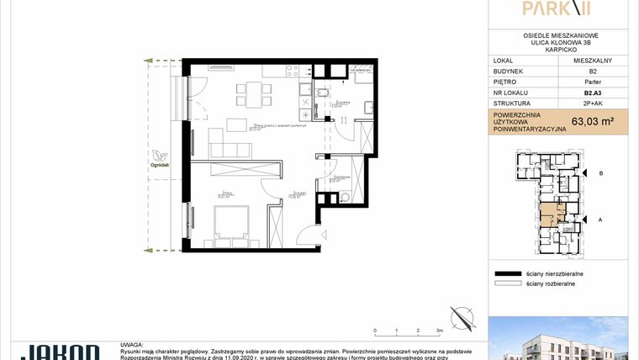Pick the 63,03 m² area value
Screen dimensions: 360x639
click(x=593, y=121)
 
